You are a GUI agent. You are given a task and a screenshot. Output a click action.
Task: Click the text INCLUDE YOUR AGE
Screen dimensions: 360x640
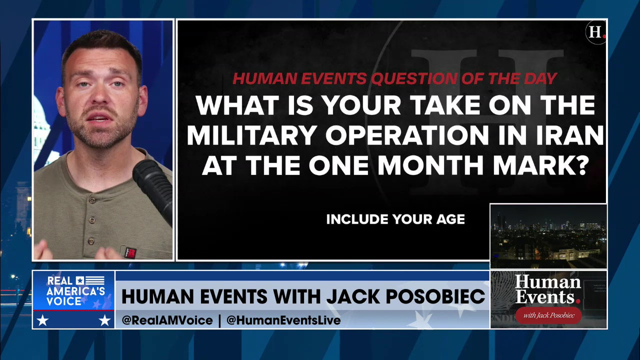(395, 219)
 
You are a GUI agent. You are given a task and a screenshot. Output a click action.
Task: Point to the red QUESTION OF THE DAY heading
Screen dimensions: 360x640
(394, 78)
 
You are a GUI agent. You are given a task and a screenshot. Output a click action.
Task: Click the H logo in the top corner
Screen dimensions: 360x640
(595, 32)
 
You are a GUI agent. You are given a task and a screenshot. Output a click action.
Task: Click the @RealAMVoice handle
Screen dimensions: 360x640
(167, 320)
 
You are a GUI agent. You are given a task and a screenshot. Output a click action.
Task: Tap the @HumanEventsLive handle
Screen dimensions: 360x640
(283, 320)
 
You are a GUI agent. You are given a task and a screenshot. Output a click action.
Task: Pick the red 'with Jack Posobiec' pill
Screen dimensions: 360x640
(548, 315)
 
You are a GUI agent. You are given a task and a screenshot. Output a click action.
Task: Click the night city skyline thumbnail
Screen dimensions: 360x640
(548, 235)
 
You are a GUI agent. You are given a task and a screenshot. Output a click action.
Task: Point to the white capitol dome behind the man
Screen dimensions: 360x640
(41, 125)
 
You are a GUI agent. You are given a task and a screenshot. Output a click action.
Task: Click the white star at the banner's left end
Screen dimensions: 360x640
(42, 320)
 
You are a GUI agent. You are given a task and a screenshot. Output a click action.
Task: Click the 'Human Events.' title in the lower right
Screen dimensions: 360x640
(548, 289)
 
